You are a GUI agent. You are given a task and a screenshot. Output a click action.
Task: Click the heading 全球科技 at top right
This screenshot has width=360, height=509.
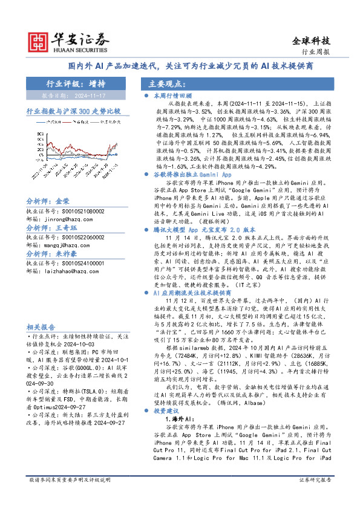pos(311,41)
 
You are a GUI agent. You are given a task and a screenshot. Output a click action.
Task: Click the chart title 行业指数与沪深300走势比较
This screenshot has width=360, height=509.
pos(73,111)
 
